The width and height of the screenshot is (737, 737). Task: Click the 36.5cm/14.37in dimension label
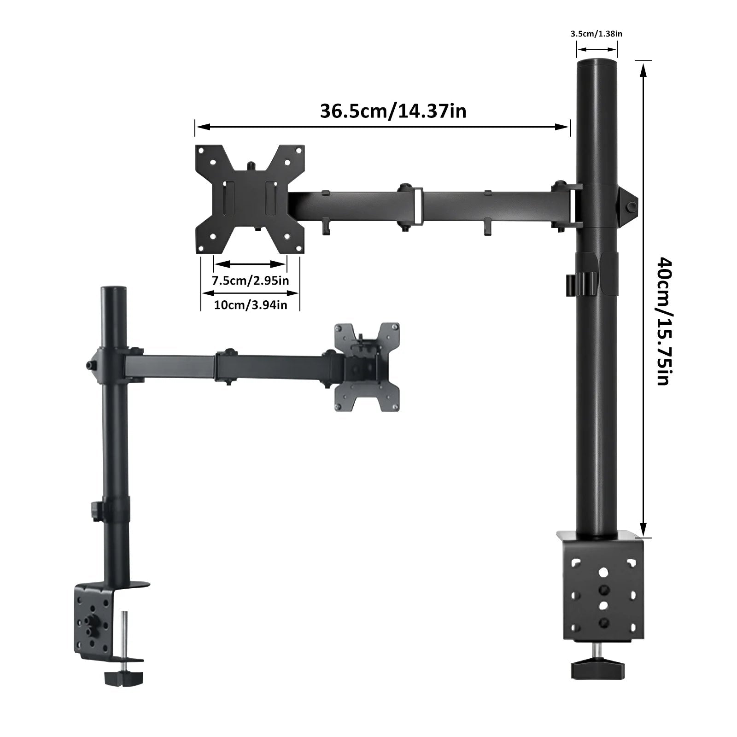393,111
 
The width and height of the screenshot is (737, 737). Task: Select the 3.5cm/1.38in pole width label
597,33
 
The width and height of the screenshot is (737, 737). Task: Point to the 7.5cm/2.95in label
250,280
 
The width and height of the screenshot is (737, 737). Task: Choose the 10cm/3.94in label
251,304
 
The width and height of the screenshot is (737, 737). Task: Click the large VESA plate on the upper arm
251,199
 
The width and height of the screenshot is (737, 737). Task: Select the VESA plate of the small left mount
367,367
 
